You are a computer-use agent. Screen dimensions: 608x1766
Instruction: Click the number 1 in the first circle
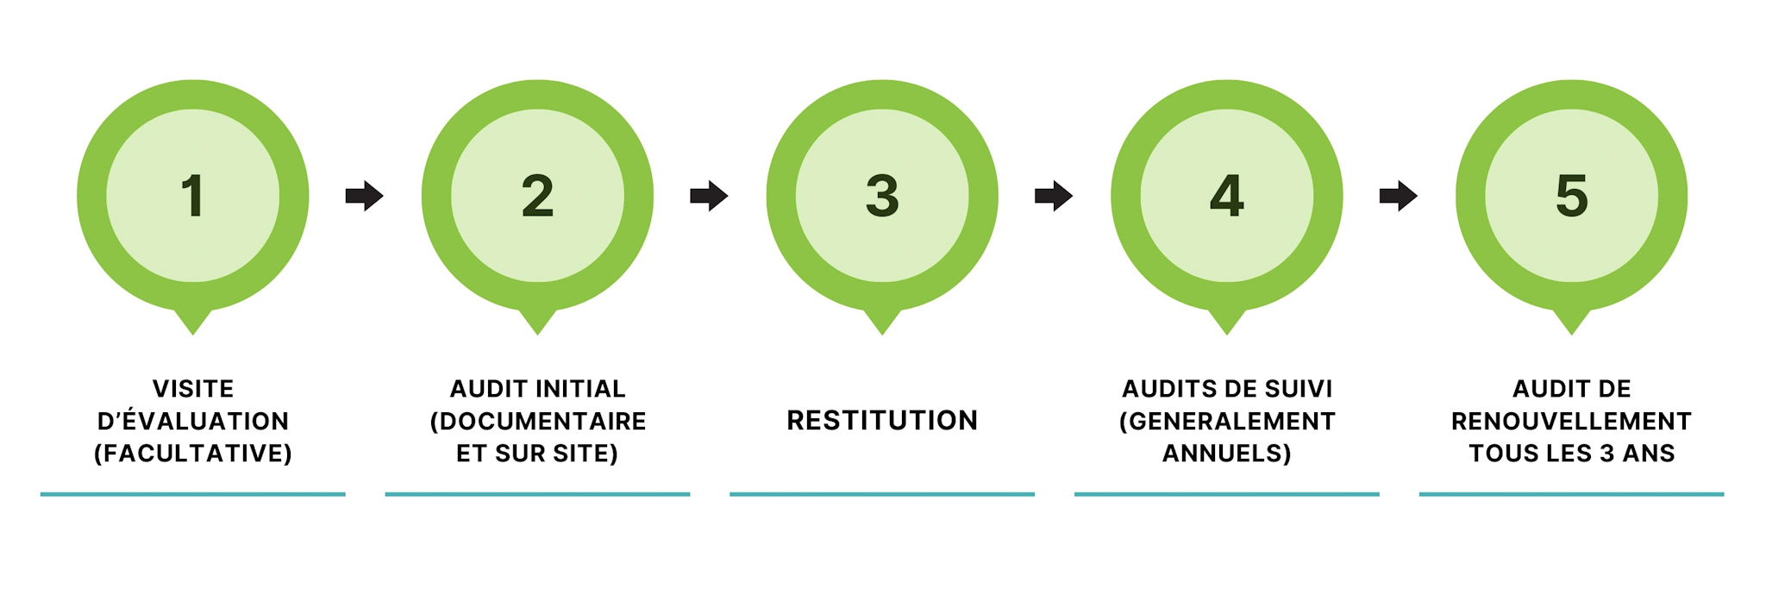pyautogui.click(x=192, y=196)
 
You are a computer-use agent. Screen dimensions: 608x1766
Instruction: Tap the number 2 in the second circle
pyautogui.click(x=537, y=196)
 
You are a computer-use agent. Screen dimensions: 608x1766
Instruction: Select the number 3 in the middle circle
pyautogui.click(x=882, y=196)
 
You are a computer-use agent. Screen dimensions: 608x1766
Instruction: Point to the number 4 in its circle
pyautogui.click(x=1226, y=196)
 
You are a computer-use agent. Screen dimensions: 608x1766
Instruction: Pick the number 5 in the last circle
pyautogui.click(x=1571, y=196)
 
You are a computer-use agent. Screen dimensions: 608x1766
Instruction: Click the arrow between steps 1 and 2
pyautogui.click(x=364, y=196)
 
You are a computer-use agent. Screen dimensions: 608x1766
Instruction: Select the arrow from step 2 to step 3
pyautogui.click(x=709, y=196)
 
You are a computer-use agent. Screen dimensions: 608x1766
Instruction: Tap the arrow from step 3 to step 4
pyautogui.click(x=1053, y=196)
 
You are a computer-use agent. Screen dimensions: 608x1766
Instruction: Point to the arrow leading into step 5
pyautogui.click(x=1398, y=196)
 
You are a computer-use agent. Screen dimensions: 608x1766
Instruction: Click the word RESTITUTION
pyautogui.click(x=882, y=421)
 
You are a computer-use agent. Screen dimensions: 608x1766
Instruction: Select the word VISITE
pyautogui.click(x=193, y=389)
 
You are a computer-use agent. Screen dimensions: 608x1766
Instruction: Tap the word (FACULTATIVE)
pyautogui.click(x=193, y=454)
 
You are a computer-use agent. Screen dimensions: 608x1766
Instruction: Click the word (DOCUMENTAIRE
pyautogui.click(x=538, y=421)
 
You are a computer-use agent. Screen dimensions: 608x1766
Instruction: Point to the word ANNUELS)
pyautogui.click(x=1226, y=454)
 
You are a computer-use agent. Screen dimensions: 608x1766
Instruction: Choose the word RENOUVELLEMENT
pyautogui.click(x=1571, y=421)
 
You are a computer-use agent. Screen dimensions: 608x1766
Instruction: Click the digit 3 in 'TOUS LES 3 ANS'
pyautogui.click(x=1606, y=454)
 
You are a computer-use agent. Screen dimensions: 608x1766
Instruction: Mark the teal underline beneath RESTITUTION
pyautogui.click(x=882, y=494)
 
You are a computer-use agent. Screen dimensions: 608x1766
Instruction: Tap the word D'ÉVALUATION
pyautogui.click(x=193, y=421)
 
